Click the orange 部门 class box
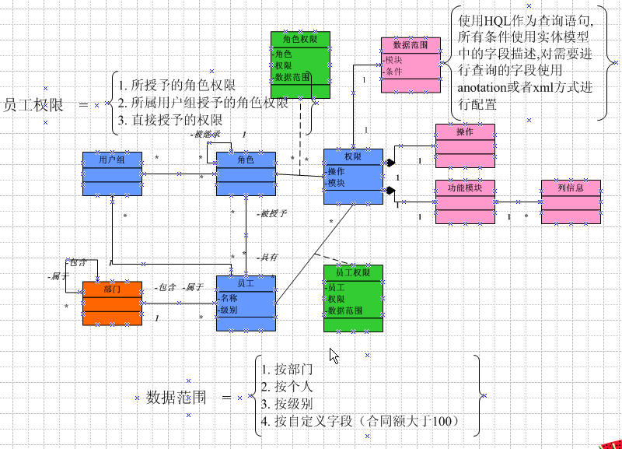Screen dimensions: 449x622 [x=112, y=303]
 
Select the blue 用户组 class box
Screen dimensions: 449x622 [x=112, y=173]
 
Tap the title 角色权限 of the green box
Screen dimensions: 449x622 [x=300, y=38]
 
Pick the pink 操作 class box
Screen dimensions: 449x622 [x=464, y=145]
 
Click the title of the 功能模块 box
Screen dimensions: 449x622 [x=465, y=188]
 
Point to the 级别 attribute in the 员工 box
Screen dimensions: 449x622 [x=229, y=309]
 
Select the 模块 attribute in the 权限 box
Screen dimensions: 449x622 [x=337, y=183]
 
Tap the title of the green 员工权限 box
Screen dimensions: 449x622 [x=353, y=272]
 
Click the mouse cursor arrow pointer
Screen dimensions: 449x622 [x=334, y=356]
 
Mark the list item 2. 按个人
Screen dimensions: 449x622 [x=288, y=387]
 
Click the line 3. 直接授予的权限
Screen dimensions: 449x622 [x=170, y=120]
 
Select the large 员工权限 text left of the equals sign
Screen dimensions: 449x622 [x=33, y=105]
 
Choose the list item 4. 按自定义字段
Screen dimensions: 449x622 [x=362, y=421]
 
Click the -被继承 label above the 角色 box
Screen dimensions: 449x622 [x=206, y=135]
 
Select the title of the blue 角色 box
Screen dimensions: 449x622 [x=246, y=159]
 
